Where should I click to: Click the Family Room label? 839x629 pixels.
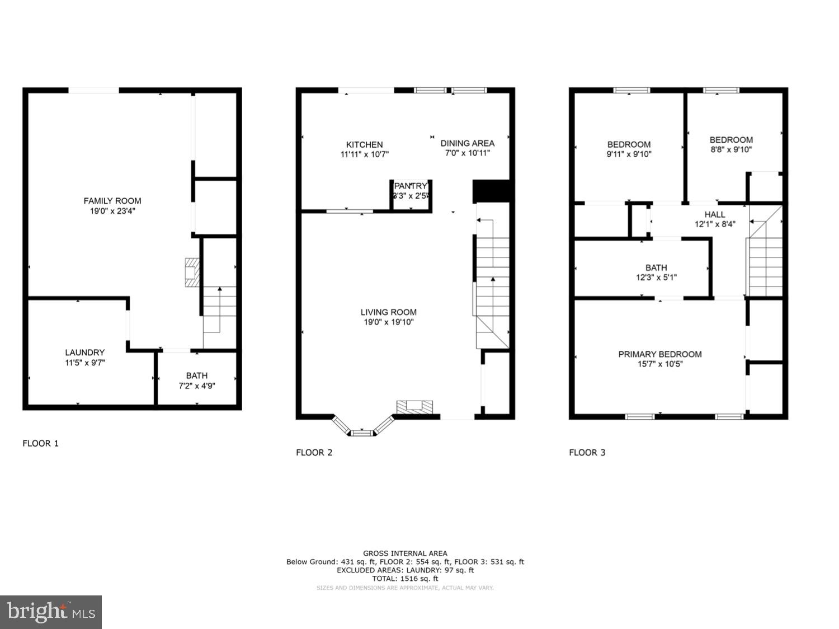click(112, 201)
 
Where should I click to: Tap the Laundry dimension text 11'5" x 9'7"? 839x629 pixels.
click(84, 363)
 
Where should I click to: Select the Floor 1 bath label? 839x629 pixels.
click(197, 375)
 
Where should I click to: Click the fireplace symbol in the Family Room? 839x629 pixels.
click(192, 273)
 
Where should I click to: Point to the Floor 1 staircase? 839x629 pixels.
click(219, 316)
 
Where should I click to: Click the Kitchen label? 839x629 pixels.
click(364, 144)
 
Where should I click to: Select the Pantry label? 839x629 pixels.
click(411, 186)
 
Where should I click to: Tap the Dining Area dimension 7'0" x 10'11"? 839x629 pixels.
click(468, 153)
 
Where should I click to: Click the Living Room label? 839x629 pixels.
click(388, 312)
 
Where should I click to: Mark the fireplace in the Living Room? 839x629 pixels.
click(414, 407)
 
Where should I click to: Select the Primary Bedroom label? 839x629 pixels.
click(659, 354)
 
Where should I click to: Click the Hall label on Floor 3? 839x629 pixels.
click(715, 214)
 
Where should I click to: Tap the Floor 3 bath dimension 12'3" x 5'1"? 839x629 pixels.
click(656, 277)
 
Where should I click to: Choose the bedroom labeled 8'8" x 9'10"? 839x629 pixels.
click(731, 144)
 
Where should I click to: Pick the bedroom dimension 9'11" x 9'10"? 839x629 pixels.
click(629, 154)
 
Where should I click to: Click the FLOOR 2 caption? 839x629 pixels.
click(314, 452)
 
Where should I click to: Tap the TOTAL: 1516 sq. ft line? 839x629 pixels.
click(405, 579)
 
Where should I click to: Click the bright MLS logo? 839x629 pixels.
click(51, 612)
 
